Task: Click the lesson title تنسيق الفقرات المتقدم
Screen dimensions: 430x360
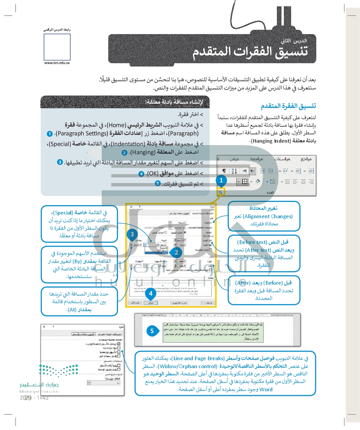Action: pyautogui.click(x=250, y=52)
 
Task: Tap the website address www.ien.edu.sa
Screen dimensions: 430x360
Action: pyautogui.click(x=57, y=63)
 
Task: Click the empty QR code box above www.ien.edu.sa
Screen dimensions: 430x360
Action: pyautogui.click(x=57, y=47)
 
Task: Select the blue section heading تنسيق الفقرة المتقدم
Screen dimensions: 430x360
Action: pyautogui.click(x=288, y=106)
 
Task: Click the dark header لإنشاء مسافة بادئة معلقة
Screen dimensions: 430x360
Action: pyautogui.click(x=174, y=102)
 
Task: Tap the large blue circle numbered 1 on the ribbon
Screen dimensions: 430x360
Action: pyautogui.click(x=221, y=180)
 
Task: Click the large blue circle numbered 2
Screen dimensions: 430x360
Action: pyautogui.click(x=176, y=252)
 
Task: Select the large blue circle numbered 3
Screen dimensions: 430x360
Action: pyautogui.click(x=132, y=234)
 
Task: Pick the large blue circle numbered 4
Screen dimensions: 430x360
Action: pyautogui.click(x=151, y=293)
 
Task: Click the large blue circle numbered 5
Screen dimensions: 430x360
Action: pyautogui.click(x=152, y=331)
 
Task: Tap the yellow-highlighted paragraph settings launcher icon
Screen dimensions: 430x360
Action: pyautogui.click(x=221, y=192)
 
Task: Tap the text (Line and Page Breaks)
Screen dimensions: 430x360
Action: pyautogui.click(x=199, y=358)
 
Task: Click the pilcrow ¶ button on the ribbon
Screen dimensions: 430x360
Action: pyautogui.click(x=224, y=171)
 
